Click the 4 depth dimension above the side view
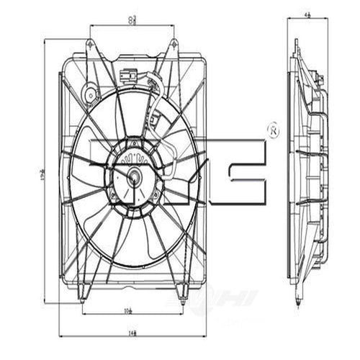(x=308, y=12)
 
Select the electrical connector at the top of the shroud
(x=130, y=75)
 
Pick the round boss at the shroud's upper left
(x=91, y=93)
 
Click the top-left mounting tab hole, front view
(x=89, y=44)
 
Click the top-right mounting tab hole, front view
(x=174, y=44)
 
